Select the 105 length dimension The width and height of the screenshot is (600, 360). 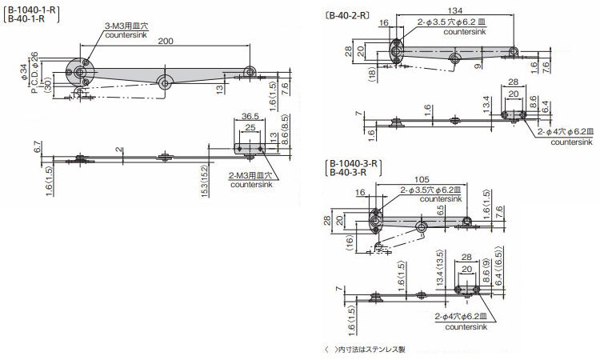tap(425, 179)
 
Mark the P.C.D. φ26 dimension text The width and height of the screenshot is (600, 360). tap(45, 70)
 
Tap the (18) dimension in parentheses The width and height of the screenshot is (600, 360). tap(373, 75)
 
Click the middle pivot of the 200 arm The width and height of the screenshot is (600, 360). tap(165, 81)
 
